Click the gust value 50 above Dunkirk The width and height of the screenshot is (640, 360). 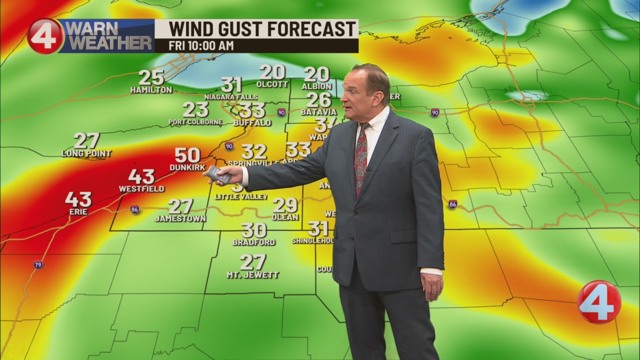tap(187, 155)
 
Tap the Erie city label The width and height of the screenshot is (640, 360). tap(78, 212)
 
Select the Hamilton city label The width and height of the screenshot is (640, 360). tap(151, 90)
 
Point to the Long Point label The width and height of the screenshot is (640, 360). tap(86, 153)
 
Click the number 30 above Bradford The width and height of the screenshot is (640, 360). tap(253, 230)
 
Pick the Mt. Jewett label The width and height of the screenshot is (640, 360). tap(252, 275)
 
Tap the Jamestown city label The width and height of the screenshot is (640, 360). tap(180, 218)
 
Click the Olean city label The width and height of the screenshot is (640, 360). tap(285, 217)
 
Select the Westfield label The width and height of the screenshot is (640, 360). tap(141, 189)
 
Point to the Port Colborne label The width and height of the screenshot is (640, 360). tap(195, 122)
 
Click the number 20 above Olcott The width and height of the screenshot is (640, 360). tap(272, 72)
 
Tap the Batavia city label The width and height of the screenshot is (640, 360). tap(319, 112)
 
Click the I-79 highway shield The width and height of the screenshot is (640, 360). tap(38, 264)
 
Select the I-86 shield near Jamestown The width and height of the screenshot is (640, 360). tap(134, 209)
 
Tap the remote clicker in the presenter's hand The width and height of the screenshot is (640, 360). tap(218, 174)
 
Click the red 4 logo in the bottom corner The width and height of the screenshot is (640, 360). tap(598, 302)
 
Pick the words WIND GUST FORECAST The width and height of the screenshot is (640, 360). tap(262, 29)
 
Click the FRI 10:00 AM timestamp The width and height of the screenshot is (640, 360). tap(201, 45)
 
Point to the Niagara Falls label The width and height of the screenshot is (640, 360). tap(231, 97)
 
